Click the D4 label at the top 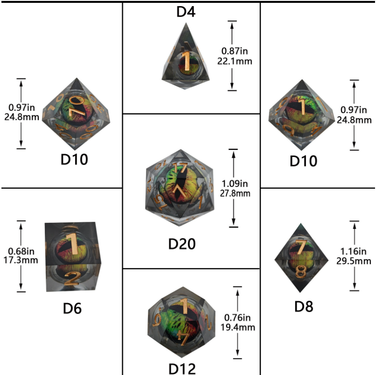(x=186, y=11)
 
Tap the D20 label (x=182, y=244)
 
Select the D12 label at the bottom (x=182, y=368)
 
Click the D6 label (x=72, y=308)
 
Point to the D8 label (x=304, y=306)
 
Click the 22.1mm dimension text (x=236, y=61)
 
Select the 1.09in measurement (x=235, y=183)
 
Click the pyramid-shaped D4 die (x=187, y=54)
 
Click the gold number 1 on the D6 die (x=72, y=242)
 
